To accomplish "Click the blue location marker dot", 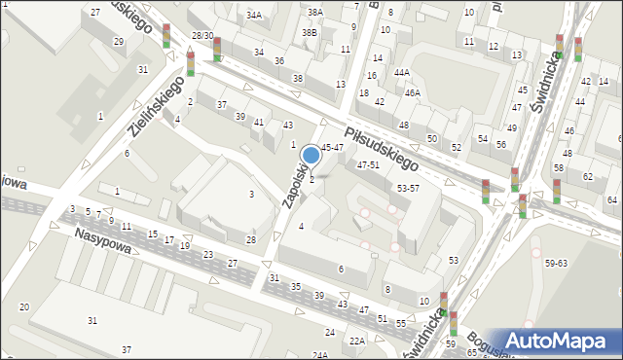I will click(311, 154).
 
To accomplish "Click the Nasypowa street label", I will click(101, 234).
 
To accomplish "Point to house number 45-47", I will click(332, 147).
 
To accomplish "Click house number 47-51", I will click(368, 165).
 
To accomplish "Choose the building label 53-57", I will click(408, 188).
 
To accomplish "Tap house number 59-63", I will click(557, 263).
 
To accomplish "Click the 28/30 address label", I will click(202, 35).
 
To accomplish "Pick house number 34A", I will click(254, 16).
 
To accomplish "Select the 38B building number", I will click(311, 32).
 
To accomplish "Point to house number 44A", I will click(401, 73).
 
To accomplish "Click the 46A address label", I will click(413, 93).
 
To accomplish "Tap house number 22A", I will click(357, 341).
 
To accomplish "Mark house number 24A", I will click(320, 356).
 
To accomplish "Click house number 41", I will click(259, 123).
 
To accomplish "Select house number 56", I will click(501, 144).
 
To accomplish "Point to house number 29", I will click(118, 42).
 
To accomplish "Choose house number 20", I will click(24, 307).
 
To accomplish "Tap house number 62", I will click(587, 177).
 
